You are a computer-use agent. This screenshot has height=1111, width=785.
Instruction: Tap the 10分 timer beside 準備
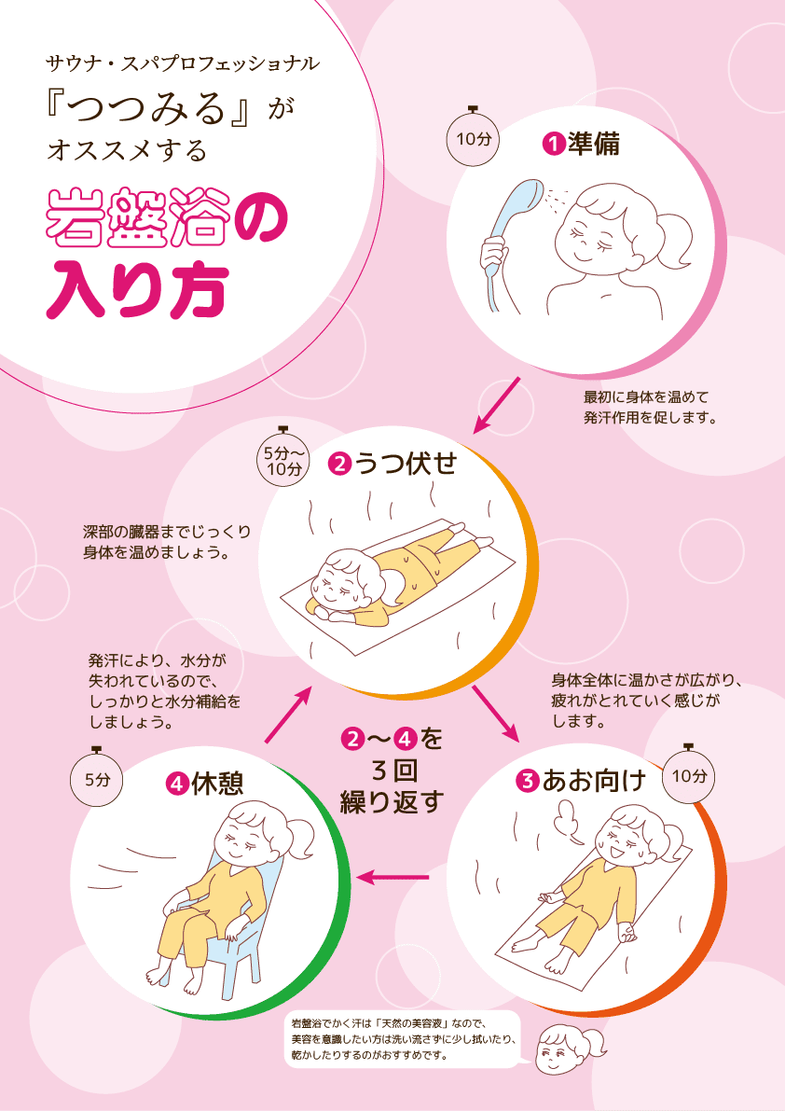coord(473,137)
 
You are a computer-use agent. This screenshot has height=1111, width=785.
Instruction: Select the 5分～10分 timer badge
coord(283,460)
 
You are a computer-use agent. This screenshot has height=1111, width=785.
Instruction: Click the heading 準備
coord(593,144)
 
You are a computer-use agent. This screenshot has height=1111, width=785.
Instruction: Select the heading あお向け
coord(594,781)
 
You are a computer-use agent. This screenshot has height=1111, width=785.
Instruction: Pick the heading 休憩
coord(216,784)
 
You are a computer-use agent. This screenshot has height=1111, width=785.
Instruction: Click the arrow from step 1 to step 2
coord(496,405)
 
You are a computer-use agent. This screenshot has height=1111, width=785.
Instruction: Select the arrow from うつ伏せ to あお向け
coord(495,714)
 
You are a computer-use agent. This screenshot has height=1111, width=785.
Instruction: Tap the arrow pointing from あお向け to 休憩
coord(392,877)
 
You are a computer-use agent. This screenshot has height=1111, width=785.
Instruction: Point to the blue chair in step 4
coord(234,921)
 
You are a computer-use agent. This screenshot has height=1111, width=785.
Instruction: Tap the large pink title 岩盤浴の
coord(167,217)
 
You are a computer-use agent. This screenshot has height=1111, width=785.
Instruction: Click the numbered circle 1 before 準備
coord(554,145)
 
